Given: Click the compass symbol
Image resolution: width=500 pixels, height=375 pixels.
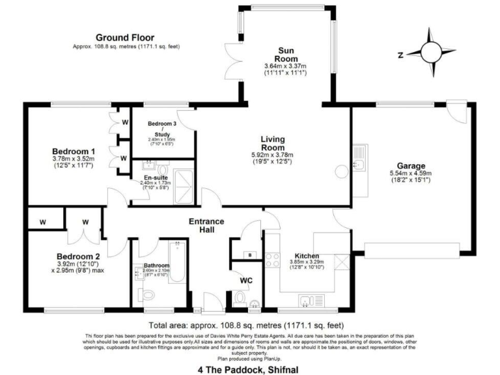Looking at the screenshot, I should (430, 49).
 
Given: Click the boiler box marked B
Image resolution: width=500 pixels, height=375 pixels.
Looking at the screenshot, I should (250, 254).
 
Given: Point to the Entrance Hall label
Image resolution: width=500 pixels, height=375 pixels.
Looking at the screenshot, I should (206, 225).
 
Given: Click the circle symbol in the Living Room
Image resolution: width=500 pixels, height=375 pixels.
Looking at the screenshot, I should (340, 172).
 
